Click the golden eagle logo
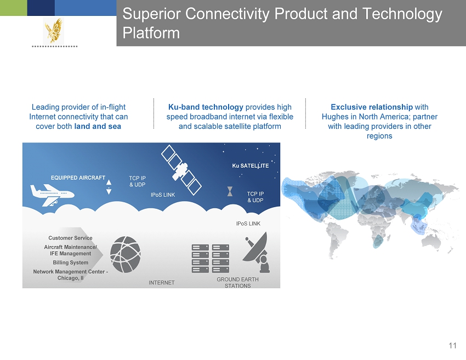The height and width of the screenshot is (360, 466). (x=54, y=31)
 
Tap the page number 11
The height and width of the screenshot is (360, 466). (x=452, y=345)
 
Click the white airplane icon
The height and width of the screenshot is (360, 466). (x=52, y=195)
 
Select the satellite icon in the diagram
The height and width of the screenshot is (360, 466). (x=181, y=170)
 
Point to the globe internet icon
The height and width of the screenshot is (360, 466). (x=126, y=255)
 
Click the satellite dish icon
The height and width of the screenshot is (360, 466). (x=257, y=253)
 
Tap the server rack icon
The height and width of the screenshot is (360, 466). (x=211, y=259)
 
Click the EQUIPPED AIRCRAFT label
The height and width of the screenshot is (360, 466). (x=78, y=178)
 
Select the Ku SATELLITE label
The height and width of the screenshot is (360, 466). (x=250, y=165)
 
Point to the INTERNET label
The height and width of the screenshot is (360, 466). (x=162, y=283)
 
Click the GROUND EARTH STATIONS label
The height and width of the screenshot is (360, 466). (x=237, y=283)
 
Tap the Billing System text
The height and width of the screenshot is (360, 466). (x=70, y=262)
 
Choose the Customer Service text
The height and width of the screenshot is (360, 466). (x=70, y=238)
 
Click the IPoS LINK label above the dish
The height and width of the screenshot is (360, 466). (x=248, y=224)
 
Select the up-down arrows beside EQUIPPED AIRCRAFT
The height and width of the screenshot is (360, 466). (x=109, y=187)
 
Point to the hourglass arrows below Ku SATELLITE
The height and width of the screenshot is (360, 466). (x=230, y=191)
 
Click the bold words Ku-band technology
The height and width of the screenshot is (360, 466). (x=206, y=107)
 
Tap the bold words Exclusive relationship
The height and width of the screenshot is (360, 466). (x=372, y=107)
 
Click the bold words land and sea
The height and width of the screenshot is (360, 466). (x=98, y=126)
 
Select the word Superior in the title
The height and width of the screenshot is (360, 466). (x=151, y=14)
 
